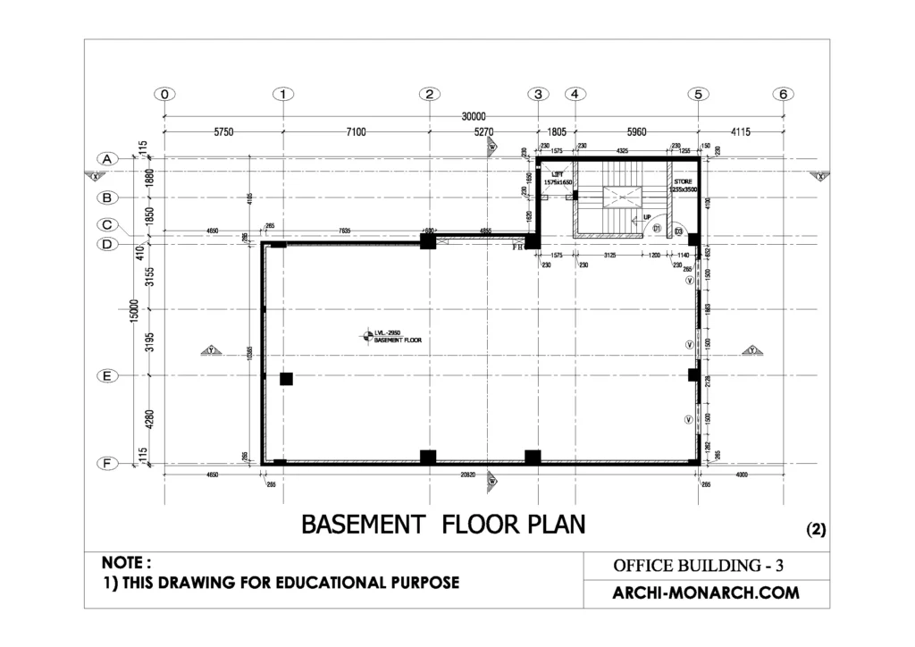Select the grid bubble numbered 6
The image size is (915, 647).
click(784, 94)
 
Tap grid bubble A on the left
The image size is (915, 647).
click(106, 159)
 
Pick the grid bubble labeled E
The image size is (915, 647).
click(106, 376)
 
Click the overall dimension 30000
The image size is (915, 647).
click(474, 116)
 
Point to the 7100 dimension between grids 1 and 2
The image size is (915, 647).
click(356, 132)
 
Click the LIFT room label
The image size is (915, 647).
click(558, 175)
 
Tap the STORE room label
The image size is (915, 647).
click(683, 181)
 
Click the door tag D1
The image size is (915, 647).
click(656, 230)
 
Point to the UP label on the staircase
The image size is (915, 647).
click(647, 216)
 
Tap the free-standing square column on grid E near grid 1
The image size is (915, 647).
click(286, 379)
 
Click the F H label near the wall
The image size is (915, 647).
click(516, 248)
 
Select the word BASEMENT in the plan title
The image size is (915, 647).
click(361, 524)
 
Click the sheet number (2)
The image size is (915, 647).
click(816, 528)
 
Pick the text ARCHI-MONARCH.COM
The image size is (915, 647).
click(705, 592)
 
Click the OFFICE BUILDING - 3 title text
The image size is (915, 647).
click(699, 566)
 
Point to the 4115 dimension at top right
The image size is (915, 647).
click(741, 132)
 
